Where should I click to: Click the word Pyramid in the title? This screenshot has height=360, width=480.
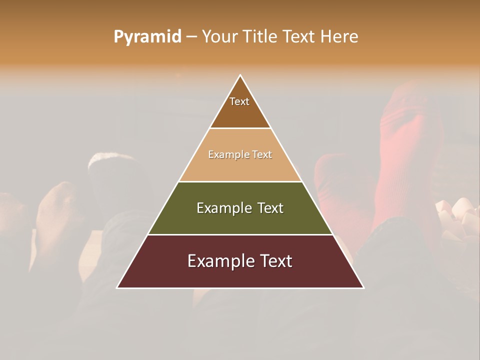(147, 37)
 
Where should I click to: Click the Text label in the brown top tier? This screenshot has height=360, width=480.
(239, 102)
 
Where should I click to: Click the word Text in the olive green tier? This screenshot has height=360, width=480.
(270, 208)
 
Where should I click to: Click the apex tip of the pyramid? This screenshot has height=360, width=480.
(240, 75)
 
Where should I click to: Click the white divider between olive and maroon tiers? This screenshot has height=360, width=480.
(240, 234)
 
